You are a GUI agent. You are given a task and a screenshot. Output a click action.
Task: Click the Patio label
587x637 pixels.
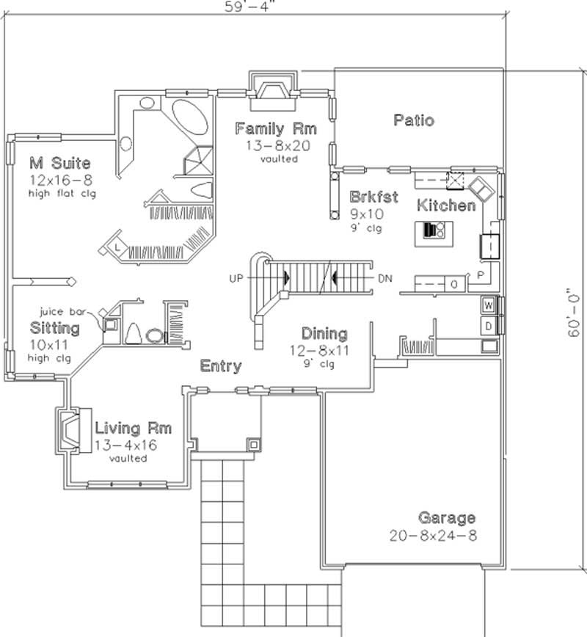[413, 120]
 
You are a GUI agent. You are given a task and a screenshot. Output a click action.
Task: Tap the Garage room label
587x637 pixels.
[446, 518]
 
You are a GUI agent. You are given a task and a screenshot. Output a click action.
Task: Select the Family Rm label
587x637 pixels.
[275, 129]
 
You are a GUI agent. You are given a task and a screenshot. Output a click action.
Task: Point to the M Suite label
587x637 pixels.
[60, 162]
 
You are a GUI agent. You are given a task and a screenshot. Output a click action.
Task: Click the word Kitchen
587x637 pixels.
[446, 205]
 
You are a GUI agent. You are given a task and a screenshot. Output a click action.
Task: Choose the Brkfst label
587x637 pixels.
[373, 197]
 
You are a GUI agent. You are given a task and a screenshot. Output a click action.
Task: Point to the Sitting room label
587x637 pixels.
[55, 327]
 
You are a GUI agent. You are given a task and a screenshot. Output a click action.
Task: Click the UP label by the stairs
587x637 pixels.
[236, 279]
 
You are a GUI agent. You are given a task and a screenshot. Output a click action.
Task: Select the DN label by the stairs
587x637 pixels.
[385, 279]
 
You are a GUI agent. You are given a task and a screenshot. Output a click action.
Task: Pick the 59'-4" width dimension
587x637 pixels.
[245, 7]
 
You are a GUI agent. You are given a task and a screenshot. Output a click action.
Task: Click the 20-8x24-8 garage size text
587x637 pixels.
[433, 536]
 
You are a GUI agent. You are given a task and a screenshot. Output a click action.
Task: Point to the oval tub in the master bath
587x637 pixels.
[190, 117]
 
